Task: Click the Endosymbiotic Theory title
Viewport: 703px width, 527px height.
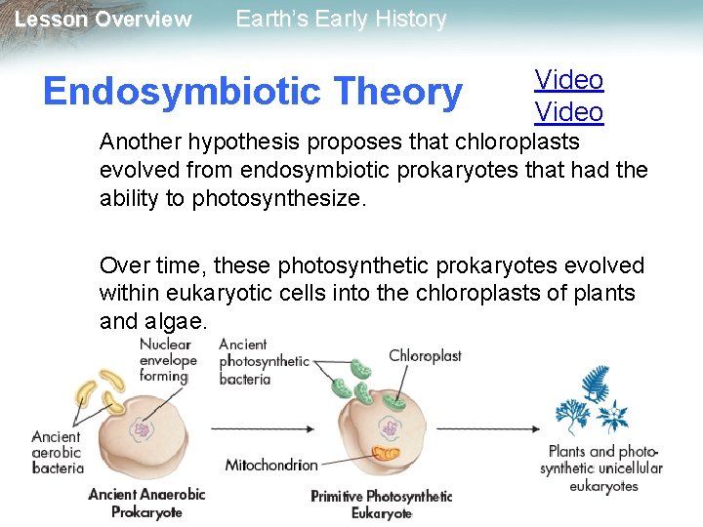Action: coord(252,92)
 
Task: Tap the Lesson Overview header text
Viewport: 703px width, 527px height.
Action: coord(103,20)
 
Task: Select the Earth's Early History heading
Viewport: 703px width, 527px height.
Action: coord(341,20)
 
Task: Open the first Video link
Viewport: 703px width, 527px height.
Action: coord(569,80)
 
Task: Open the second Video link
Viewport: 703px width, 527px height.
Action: coord(569,112)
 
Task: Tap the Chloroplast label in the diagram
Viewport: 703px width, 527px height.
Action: coord(425,356)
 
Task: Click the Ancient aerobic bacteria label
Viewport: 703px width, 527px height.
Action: coord(56,452)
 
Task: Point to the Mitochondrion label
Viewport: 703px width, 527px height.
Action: coord(271,466)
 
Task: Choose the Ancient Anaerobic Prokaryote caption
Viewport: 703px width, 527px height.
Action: coord(146,502)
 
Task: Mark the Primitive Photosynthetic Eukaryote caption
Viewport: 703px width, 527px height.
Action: coord(381,504)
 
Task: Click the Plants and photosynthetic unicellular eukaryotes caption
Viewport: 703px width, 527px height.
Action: coord(602,468)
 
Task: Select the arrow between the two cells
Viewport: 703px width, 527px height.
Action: coord(263,428)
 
